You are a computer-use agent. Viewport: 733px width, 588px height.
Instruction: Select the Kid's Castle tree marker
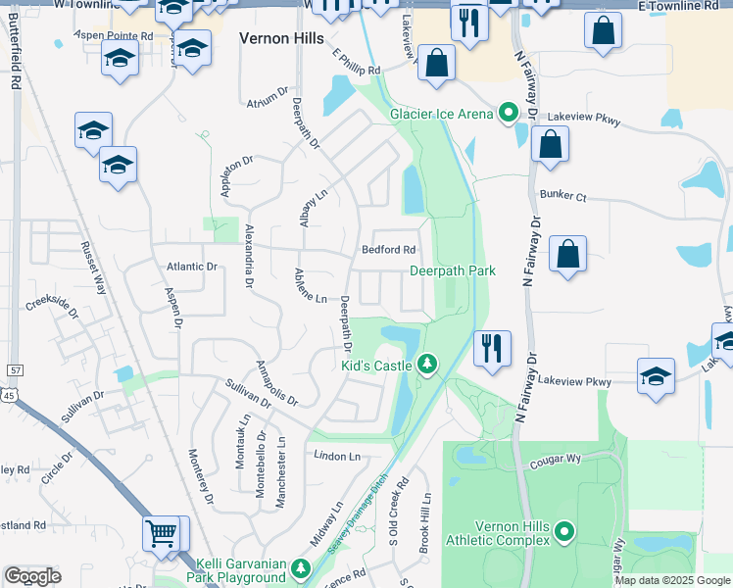point(426,365)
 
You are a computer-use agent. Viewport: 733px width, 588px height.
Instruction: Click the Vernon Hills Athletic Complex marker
point(564,532)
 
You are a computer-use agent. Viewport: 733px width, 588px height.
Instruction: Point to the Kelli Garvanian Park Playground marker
point(302,568)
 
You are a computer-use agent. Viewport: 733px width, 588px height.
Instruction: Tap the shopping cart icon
point(162,535)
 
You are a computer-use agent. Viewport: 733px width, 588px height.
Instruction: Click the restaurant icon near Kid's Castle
point(491,348)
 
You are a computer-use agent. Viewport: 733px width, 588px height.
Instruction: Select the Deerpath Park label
point(453,270)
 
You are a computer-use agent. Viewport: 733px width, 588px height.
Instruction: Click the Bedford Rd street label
point(389,250)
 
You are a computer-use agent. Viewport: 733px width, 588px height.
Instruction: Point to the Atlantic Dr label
point(191,267)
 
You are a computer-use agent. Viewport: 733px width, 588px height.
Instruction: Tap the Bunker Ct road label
point(566,198)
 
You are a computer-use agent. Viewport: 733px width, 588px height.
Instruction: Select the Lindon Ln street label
point(337,457)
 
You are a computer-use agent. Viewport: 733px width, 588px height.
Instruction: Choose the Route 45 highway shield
point(8,394)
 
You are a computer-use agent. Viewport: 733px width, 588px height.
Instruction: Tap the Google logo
point(33,576)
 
